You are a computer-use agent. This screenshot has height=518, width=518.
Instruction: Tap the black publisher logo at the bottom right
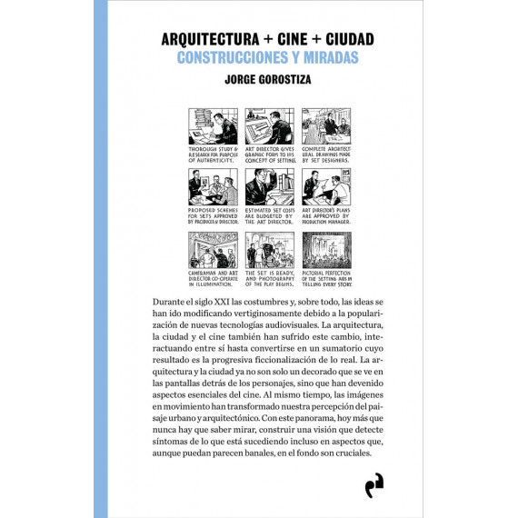click(x=373, y=487)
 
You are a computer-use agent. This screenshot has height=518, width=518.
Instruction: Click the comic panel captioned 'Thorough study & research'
click(x=214, y=126)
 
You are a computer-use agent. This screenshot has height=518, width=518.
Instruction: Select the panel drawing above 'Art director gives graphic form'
click(x=269, y=126)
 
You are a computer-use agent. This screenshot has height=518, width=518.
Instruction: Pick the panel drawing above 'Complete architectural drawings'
click(x=325, y=126)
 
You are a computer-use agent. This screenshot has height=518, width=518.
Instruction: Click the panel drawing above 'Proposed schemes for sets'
click(x=214, y=186)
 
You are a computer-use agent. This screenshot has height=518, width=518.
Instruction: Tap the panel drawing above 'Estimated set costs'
click(x=269, y=186)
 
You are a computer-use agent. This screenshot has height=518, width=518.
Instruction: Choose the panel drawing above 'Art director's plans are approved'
click(x=325, y=186)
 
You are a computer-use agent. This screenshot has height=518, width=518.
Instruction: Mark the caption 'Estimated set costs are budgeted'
click(x=269, y=216)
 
